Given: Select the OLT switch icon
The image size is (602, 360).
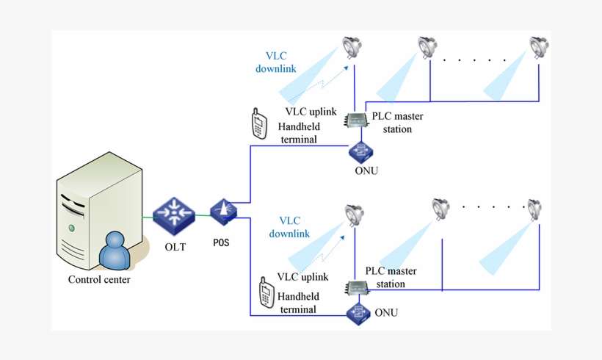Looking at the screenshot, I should [175, 214].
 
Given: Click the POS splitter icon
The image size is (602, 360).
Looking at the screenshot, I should [223, 212].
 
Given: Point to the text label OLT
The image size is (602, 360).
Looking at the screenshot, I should [175, 247].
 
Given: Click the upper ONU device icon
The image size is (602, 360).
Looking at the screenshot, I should [360, 151].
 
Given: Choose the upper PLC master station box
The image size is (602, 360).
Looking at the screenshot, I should [358, 122].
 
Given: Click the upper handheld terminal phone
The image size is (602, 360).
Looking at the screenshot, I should [258, 124].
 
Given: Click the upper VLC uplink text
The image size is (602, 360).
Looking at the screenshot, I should [311, 112].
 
